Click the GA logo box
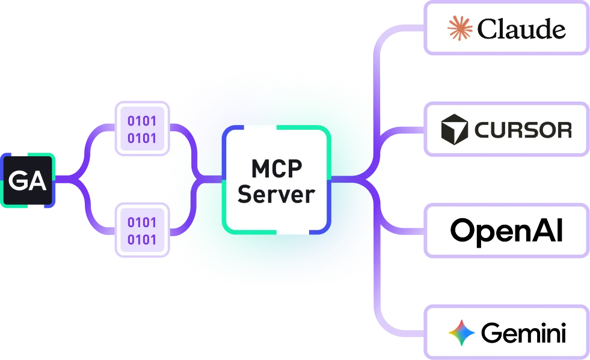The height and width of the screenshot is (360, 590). (x=28, y=180)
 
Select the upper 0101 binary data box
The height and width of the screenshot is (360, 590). (x=142, y=129)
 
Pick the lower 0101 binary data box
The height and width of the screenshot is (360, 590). (x=142, y=230)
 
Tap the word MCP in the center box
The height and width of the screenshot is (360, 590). (x=277, y=168)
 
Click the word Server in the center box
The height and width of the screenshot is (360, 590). (x=277, y=194)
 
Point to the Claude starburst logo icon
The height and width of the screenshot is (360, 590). (x=460, y=28)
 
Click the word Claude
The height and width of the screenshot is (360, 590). (x=521, y=29)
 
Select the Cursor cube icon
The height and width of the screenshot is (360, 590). (x=455, y=129)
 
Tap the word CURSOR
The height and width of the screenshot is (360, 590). (x=523, y=130)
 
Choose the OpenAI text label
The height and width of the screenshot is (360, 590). (x=506, y=231)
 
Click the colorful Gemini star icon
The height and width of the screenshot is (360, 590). (x=462, y=333)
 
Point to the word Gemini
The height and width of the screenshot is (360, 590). (x=523, y=333)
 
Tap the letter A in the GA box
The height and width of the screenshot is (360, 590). (x=37, y=181)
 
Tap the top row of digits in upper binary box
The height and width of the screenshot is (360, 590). (x=142, y=121)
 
